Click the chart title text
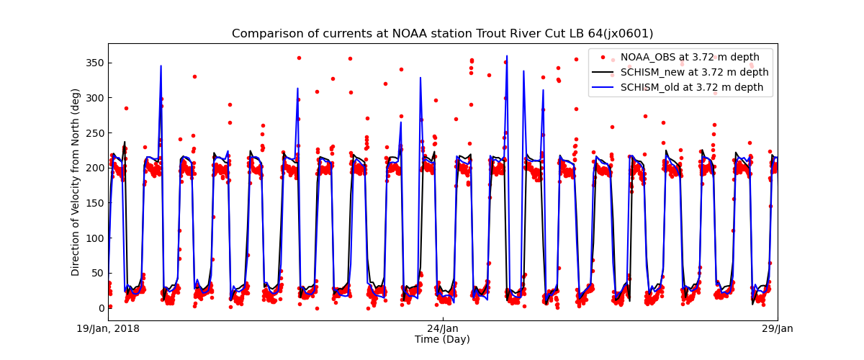[442, 34]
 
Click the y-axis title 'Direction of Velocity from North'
[76, 182]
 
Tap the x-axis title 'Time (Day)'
[442, 339]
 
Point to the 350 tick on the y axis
[94, 63]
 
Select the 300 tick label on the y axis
[94, 98]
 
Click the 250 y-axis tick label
[94, 132]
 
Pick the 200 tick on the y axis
[94, 168]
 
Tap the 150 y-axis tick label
[94, 202]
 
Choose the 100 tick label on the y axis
[94, 238]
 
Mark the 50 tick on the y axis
[96, 272]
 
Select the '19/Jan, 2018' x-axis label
[109, 329]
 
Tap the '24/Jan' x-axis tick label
[443, 329]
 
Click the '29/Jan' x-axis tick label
[777, 329]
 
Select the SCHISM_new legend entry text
[694, 73]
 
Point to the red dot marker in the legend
[603, 58]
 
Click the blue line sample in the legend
[603, 88]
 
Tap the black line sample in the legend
[603, 73]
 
